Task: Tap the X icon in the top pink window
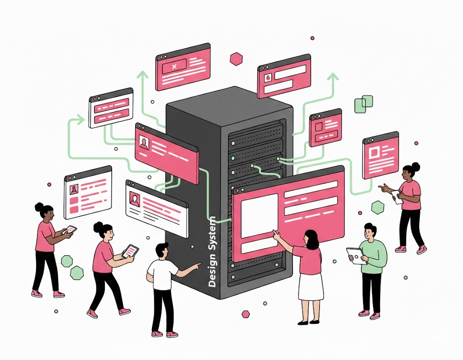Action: (x=175, y=67)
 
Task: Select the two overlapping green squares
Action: (x=364, y=104)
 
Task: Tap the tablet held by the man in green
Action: (x=356, y=256)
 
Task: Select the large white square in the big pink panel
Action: (x=259, y=216)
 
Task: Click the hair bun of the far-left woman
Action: (x=39, y=207)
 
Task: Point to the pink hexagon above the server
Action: (x=236, y=58)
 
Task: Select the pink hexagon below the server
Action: (x=246, y=314)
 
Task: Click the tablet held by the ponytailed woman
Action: (x=130, y=251)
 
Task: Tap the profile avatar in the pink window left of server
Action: (x=144, y=143)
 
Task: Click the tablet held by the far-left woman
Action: (x=71, y=230)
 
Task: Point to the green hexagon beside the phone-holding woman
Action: (x=378, y=207)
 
